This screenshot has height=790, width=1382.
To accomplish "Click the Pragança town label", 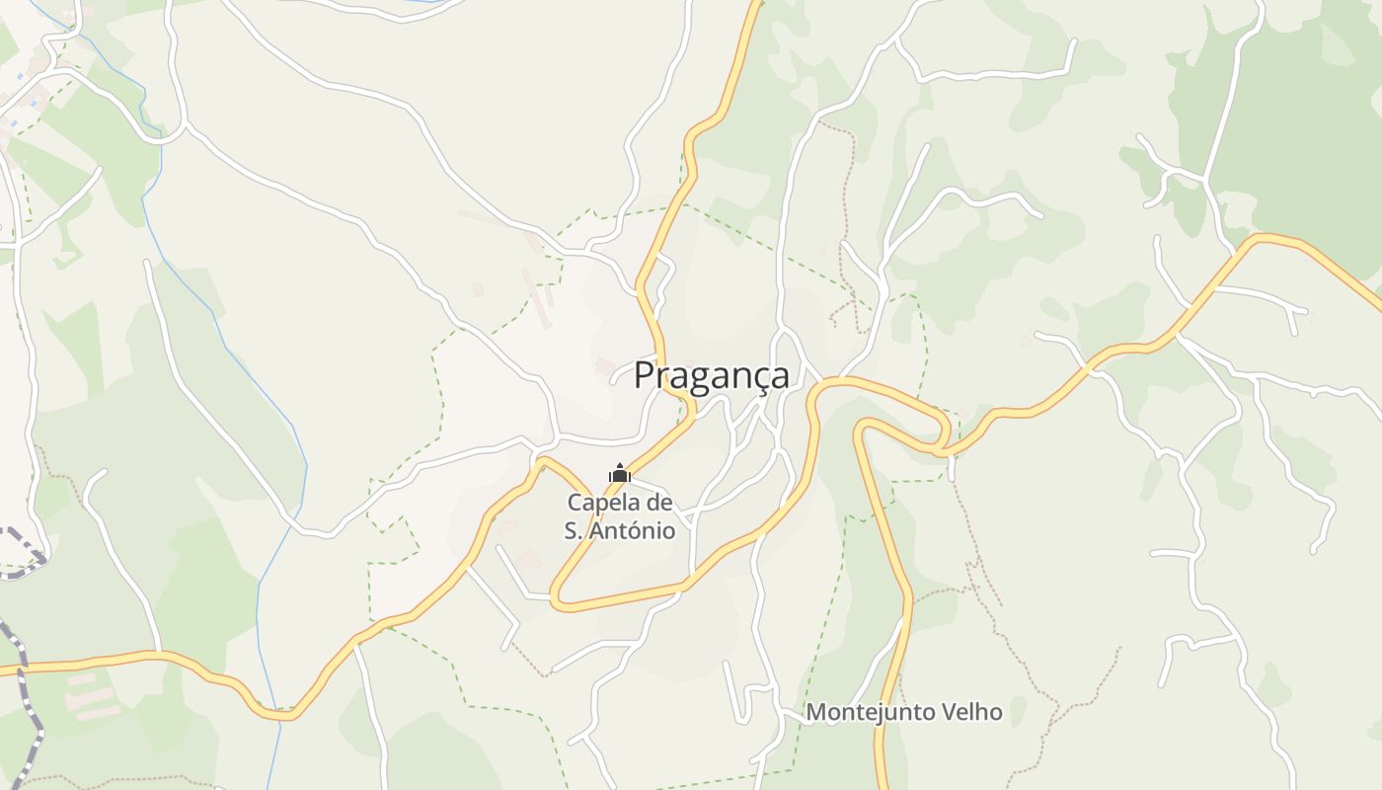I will (x=711, y=375).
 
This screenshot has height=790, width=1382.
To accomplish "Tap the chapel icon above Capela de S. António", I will (x=620, y=474).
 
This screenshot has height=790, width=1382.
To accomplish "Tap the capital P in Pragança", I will (x=645, y=375).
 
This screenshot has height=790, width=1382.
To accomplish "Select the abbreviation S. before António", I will (x=575, y=530).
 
